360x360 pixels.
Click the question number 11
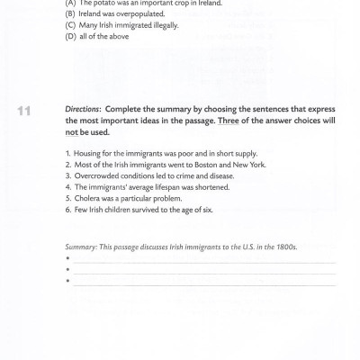(x=24, y=111)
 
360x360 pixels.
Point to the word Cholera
(x=86, y=198)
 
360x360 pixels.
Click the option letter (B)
(x=70, y=14)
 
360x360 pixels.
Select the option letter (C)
(x=70, y=25)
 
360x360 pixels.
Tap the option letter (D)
(x=70, y=37)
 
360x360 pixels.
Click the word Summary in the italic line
(x=81, y=247)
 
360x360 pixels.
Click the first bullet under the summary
(x=67, y=259)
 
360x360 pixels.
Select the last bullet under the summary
(x=67, y=281)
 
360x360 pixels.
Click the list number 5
(x=67, y=198)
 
